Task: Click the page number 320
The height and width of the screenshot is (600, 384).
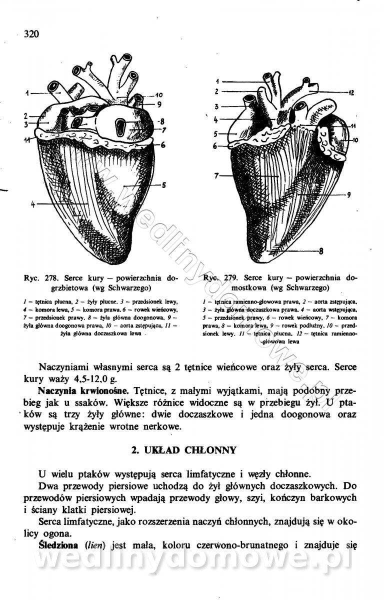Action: pos(31,34)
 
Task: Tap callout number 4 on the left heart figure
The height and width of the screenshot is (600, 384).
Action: pos(32,204)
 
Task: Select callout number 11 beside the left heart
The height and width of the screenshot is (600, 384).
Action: pos(26,139)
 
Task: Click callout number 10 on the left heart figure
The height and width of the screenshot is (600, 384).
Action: pos(159,95)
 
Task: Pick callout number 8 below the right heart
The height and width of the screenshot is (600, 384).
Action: pos(321,251)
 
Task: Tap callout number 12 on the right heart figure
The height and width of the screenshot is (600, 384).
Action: pos(351,92)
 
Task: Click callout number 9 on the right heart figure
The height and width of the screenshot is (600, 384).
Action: pos(348,195)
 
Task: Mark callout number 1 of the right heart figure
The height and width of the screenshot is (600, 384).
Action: pos(218,81)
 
